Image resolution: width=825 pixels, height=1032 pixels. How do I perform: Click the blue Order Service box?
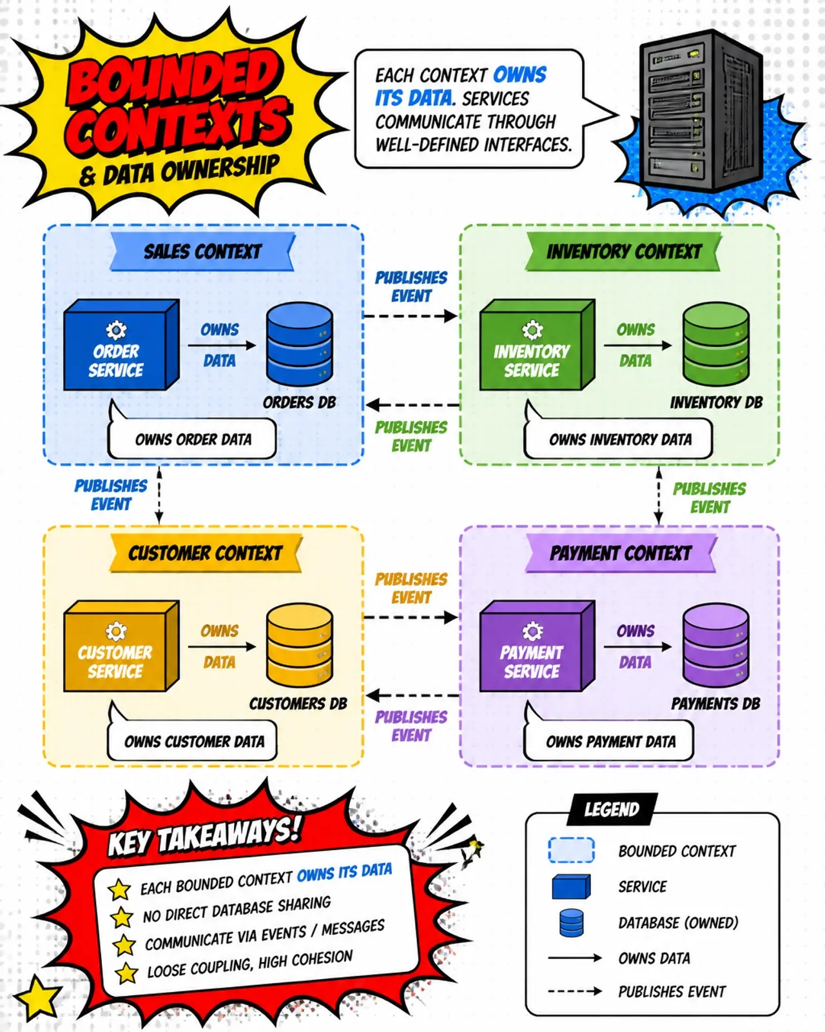pyautogui.click(x=121, y=344)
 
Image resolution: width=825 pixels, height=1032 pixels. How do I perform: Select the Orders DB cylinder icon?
pyautogui.click(x=300, y=343)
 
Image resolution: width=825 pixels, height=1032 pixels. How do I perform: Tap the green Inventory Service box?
pyautogui.click(x=538, y=344)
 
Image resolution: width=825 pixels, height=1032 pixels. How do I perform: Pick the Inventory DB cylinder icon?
pyautogui.click(x=715, y=343)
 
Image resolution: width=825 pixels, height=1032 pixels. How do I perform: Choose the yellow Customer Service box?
pyautogui.click(x=121, y=646)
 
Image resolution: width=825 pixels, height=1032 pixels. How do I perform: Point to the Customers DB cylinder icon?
pyautogui.click(x=300, y=645)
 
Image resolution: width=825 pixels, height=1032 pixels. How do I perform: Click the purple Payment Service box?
pyautogui.click(x=538, y=646)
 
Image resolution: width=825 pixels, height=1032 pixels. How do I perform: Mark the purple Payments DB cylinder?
pyautogui.click(x=715, y=645)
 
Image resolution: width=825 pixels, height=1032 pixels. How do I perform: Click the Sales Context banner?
pyautogui.click(x=202, y=252)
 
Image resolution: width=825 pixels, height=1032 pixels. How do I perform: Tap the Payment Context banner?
pyautogui.click(x=621, y=553)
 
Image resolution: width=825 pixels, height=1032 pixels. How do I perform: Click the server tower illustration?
pyautogui.click(x=700, y=110)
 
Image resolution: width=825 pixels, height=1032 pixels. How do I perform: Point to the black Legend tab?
pyautogui.click(x=612, y=809)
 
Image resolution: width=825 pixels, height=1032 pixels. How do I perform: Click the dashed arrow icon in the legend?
pyautogui.click(x=575, y=991)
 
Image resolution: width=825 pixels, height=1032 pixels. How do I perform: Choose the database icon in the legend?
pyautogui.click(x=572, y=923)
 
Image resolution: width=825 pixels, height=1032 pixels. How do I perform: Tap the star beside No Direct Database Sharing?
pyautogui.click(x=121, y=917)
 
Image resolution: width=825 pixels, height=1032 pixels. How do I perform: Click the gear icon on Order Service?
pyautogui.click(x=116, y=330)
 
